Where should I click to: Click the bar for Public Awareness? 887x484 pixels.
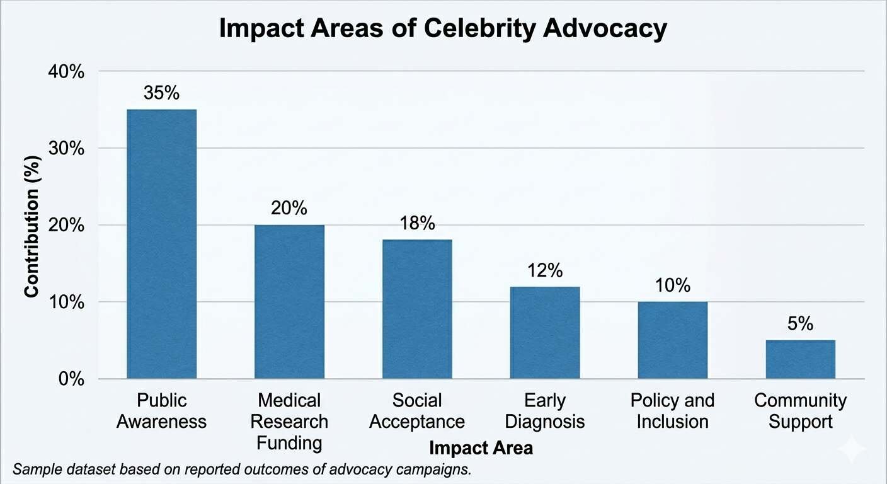(x=161, y=244)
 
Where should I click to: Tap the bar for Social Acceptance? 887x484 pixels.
(x=417, y=309)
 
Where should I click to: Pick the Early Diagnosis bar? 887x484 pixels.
(x=545, y=332)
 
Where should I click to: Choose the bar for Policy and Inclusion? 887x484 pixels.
(x=672, y=340)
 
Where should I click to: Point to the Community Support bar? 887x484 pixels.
(x=800, y=359)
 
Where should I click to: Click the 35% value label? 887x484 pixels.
(x=161, y=93)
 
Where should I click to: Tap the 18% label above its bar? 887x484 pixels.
(x=417, y=224)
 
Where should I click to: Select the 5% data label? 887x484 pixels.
(x=800, y=324)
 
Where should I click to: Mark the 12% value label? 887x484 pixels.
(x=545, y=271)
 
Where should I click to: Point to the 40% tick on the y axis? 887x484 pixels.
(x=66, y=72)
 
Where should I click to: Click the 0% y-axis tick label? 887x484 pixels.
(x=70, y=379)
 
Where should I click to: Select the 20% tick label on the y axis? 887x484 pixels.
(x=66, y=226)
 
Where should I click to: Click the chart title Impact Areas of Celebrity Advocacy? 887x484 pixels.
(x=442, y=30)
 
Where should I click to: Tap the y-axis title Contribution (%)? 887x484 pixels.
(x=31, y=226)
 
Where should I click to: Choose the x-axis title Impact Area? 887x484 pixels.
(x=481, y=448)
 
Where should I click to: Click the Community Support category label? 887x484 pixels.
(x=800, y=411)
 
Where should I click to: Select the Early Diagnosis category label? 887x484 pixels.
(x=545, y=411)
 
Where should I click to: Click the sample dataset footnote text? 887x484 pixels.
(x=241, y=470)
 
